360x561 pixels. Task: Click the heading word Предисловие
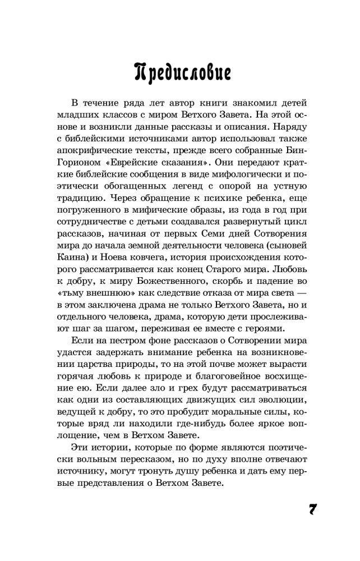(x=179, y=72)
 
